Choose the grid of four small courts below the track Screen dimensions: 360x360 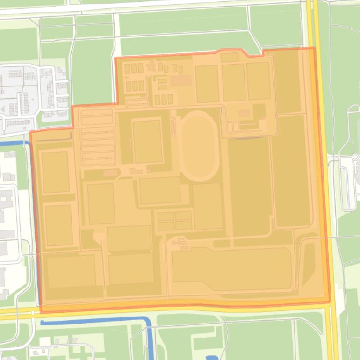tap(174, 221)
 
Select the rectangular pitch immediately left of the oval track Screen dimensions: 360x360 tap(147, 141)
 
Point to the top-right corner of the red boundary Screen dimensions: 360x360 tap(313, 48)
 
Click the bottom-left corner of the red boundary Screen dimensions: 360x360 tap(41, 312)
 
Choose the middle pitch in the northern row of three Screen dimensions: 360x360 tap(233, 82)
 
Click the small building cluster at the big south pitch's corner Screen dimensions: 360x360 tap(180, 242)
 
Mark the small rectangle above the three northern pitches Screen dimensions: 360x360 tap(230, 58)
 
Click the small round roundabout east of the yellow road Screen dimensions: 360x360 tap(355, 157)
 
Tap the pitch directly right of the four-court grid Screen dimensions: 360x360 tap(208, 206)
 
